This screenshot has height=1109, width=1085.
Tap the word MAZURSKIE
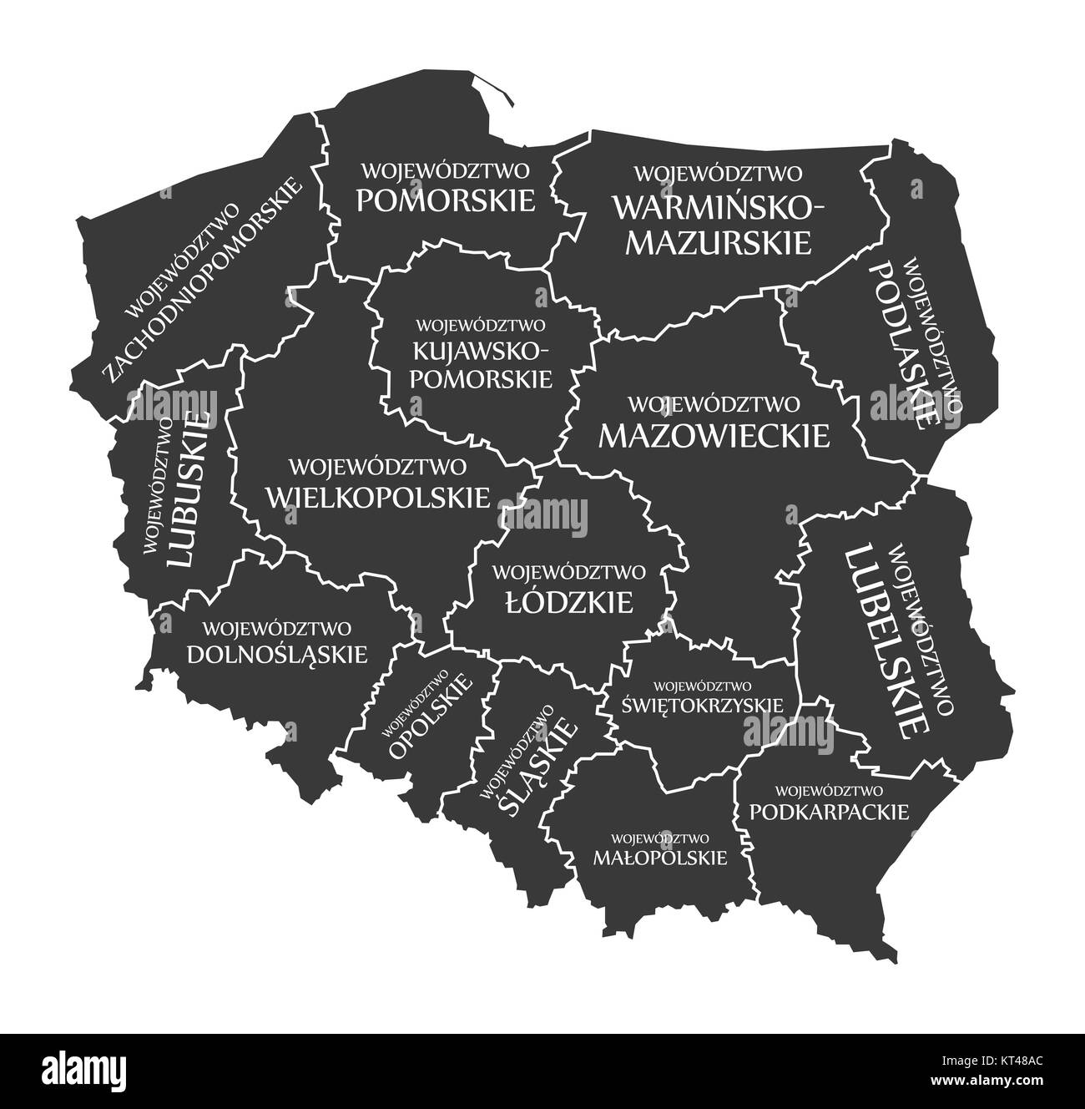pyautogui.click(x=719, y=241)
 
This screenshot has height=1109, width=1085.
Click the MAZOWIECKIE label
pyautogui.click(x=714, y=435)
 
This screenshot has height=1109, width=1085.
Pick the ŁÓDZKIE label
pyautogui.click(x=569, y=603)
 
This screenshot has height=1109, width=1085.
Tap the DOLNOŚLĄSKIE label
pyautogui.click(x=277, y=654)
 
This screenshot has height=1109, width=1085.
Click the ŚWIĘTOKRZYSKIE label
pyautogui.click(x=703, y=704)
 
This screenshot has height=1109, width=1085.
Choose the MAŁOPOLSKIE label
pyautogui.click(x=659, y=857)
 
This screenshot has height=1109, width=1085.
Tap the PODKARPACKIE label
pyautogui.click(x=829, y=811)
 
